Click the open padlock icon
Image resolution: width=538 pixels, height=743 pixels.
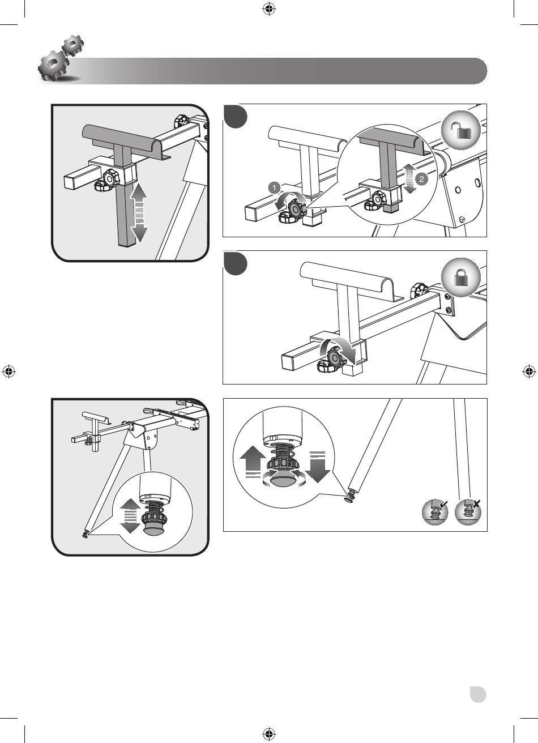461,130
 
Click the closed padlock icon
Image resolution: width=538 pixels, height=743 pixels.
461,277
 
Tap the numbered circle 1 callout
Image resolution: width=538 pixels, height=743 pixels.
274,188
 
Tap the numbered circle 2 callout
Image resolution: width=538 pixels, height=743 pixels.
421,179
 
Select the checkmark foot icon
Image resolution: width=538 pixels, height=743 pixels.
435,512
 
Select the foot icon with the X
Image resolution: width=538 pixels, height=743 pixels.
468,512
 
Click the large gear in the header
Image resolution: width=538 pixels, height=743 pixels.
53,65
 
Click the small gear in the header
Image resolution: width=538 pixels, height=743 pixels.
73,45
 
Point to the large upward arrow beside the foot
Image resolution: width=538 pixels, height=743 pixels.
252,462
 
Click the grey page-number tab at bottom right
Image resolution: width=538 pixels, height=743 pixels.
478,694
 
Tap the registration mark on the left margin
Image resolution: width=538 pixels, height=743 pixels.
9,371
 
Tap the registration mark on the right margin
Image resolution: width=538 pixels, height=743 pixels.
529,371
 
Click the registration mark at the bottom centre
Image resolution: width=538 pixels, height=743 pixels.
269,734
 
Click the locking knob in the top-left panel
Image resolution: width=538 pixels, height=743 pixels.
110,178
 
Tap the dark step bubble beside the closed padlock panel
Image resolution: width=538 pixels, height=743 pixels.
235,264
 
